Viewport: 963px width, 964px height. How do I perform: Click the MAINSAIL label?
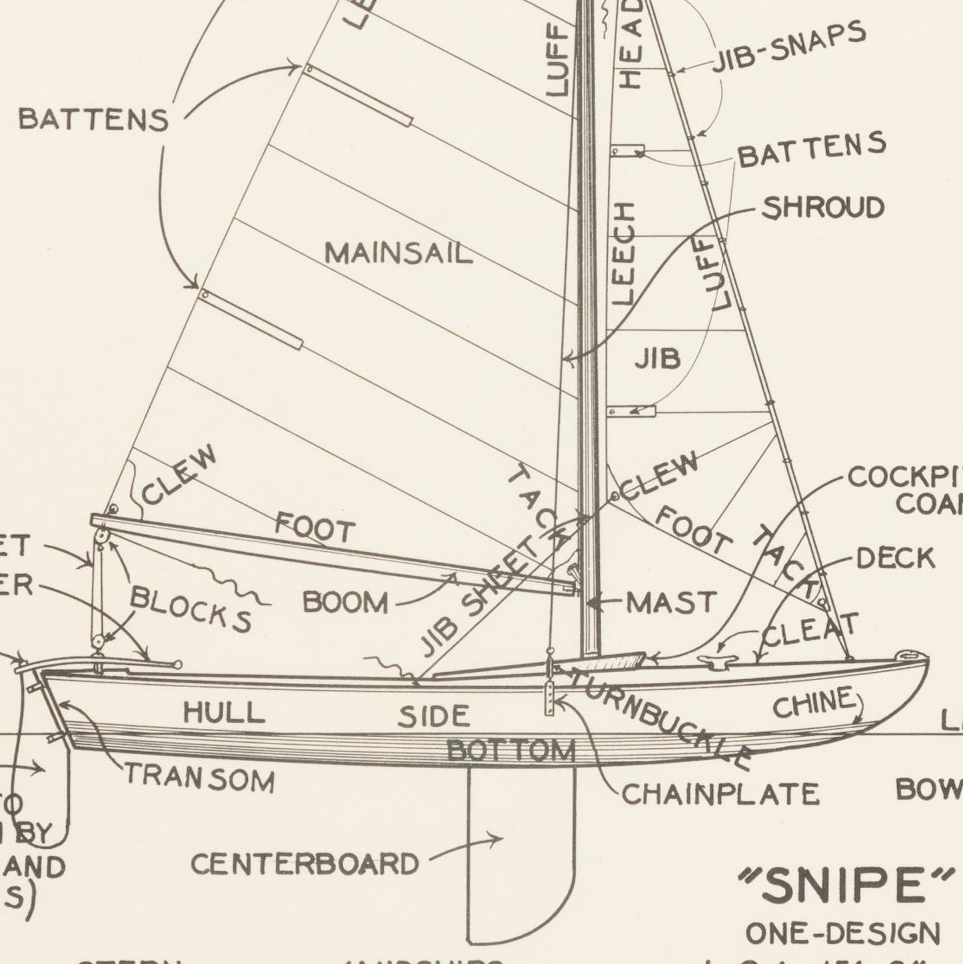pos(398,254)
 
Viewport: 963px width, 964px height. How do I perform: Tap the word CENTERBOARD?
pos(305,864)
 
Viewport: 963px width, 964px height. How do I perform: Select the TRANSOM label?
pos(200,777)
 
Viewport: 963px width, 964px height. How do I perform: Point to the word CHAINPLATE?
pos(720,794)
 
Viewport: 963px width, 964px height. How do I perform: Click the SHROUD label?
pos(823,208)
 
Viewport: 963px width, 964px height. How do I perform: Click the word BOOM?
pos(345,602)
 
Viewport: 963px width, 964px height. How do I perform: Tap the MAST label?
pos(670,603)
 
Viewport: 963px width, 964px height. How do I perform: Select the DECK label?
pos(895,558)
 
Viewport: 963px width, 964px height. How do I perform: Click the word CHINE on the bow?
pos(813,703)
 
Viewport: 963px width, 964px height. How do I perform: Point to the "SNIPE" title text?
pos(846,885)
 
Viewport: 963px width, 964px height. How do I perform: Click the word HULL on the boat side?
pos(224,712)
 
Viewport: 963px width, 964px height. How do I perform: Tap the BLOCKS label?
pos(191,608)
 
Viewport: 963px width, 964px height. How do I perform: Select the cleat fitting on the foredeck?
pos(717,660)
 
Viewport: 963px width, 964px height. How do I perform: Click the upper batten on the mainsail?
pos(359,95)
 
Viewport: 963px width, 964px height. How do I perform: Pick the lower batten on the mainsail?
pos(251,319)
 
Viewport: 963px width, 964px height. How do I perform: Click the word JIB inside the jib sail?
pos(657,359)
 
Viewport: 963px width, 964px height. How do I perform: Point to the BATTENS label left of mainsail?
pos(93,120)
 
